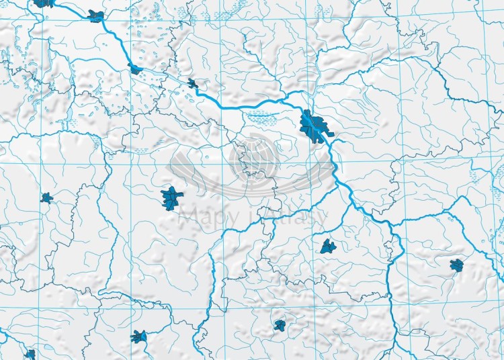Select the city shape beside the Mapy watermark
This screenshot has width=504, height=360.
coord(172,197)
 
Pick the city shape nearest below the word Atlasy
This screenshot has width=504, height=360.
coord(328,246)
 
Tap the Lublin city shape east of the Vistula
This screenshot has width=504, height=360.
coord(458,265)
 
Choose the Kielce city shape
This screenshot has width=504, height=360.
coord(280,326)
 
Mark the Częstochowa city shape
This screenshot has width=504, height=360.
coord(140,336)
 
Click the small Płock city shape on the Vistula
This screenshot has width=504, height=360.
coord(194,84)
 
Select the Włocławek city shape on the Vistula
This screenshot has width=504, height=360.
coord(135,69)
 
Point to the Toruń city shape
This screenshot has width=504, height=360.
coord(96,15)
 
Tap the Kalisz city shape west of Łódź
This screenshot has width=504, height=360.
coord(46,197)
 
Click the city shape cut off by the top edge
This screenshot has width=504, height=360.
coord(44,3)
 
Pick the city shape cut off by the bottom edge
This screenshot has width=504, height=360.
coord(30,355)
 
